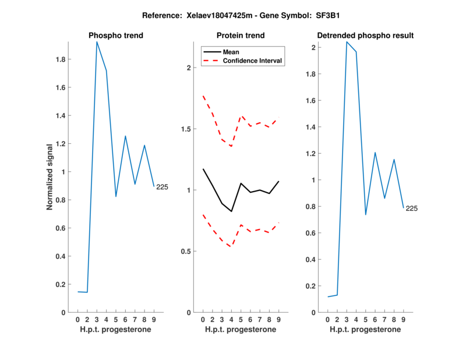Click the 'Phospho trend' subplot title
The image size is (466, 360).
pos(116,36)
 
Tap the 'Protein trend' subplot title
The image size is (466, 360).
pos(241,36)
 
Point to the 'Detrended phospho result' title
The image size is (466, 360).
pos(365,36)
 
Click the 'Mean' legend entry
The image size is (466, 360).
pos(231,52)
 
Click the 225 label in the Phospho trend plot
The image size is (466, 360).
pos(162,187)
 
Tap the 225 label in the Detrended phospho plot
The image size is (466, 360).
pos(412,209)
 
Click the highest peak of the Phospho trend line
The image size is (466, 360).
pos(97,42)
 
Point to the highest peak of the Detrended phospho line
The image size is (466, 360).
pos(347,42)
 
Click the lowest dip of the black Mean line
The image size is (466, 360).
pos(231,211)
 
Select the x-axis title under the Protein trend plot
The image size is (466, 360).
pos(241,330)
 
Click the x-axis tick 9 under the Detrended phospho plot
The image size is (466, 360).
pos(403,320)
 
